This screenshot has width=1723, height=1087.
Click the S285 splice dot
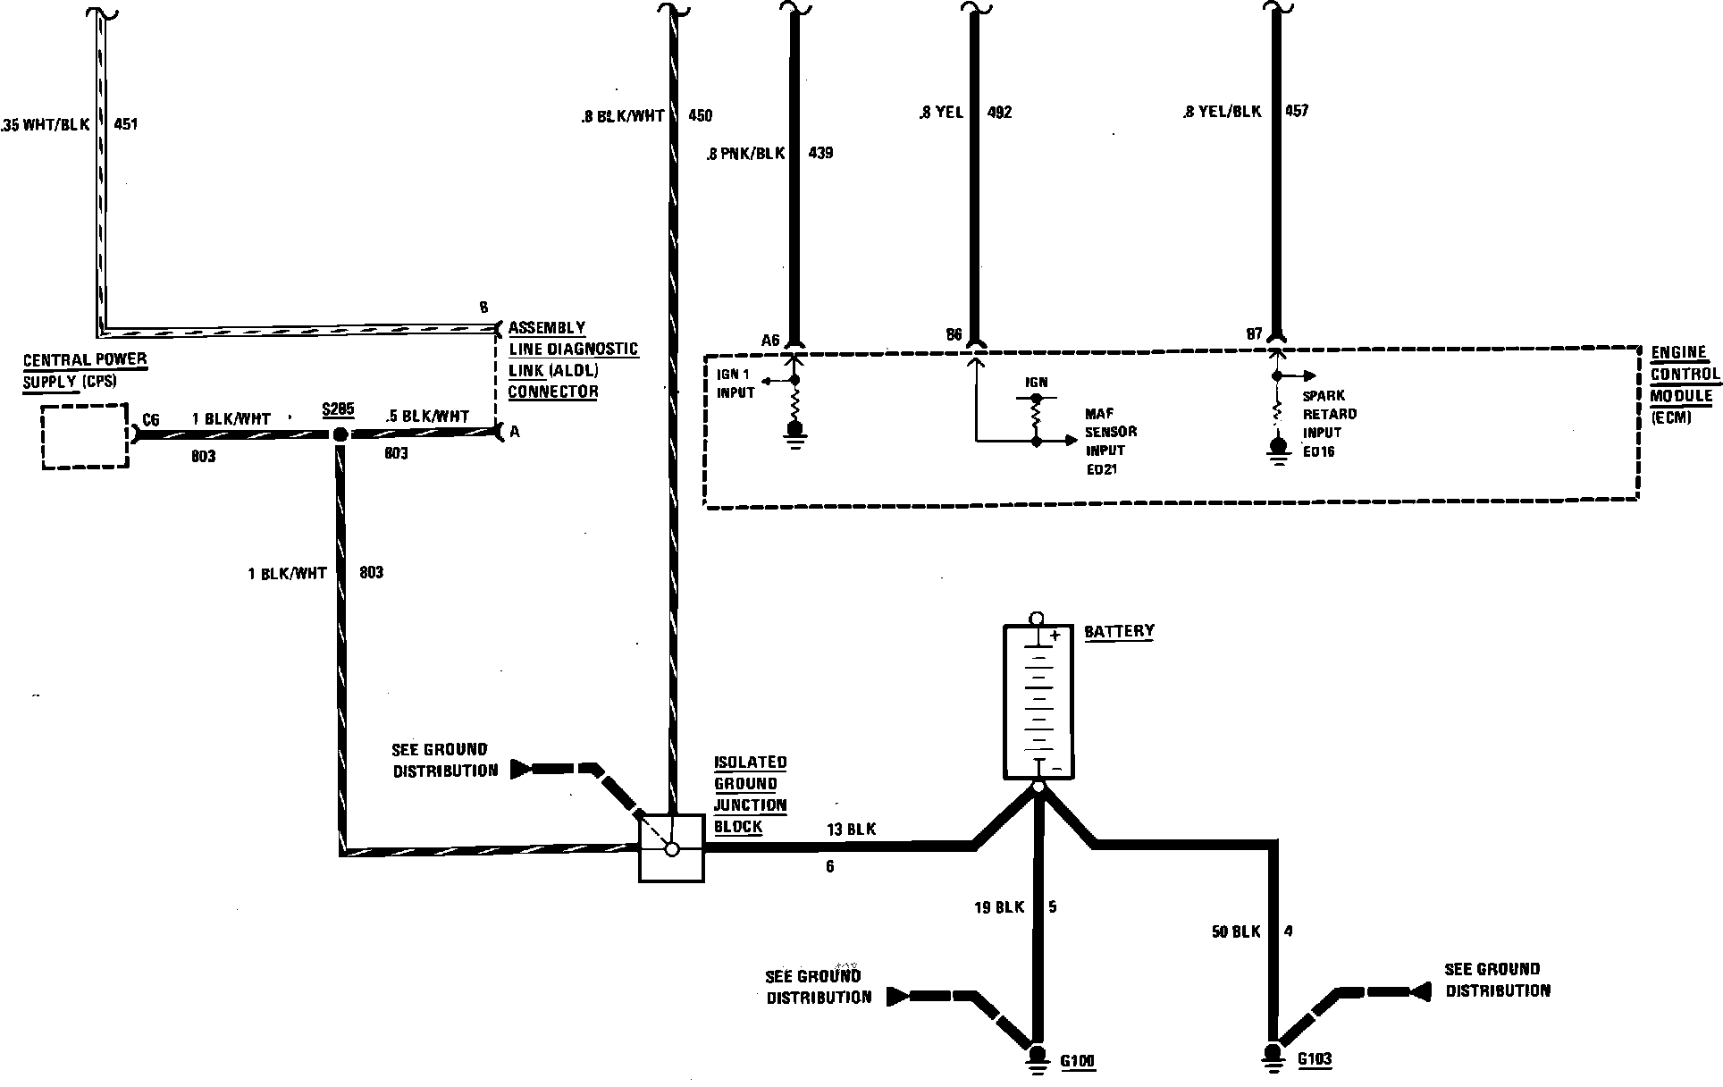tap(340, 434)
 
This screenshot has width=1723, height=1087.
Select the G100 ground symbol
tap(1038, 1058)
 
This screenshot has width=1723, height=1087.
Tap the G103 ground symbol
tap(1273, 1057)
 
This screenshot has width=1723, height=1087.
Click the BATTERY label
tap(1119, 631)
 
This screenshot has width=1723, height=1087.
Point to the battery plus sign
tap(1055, 636)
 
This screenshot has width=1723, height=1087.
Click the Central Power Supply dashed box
tap(85, 435)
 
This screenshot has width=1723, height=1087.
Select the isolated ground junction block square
tap(672, 848)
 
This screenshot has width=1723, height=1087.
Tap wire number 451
tap(126, 124)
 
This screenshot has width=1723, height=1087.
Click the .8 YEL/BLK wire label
tap(1221, 112)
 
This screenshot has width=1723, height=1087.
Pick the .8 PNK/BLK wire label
tap(744, 154)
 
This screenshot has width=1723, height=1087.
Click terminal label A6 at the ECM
tap(770, 340)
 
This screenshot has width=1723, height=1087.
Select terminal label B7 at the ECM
tap(1254, 334)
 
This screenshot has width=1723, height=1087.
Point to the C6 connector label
tap(151, 419)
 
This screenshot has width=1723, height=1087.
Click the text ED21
tap(1101, 468)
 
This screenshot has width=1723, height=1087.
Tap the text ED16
tap(1318, 451)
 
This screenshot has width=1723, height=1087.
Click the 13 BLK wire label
tap(851, 830)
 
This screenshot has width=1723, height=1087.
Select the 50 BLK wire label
tap(1235, 931)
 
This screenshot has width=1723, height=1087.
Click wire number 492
tap(999, 113)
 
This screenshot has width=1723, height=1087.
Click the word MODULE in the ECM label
tap(1681, 396)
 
